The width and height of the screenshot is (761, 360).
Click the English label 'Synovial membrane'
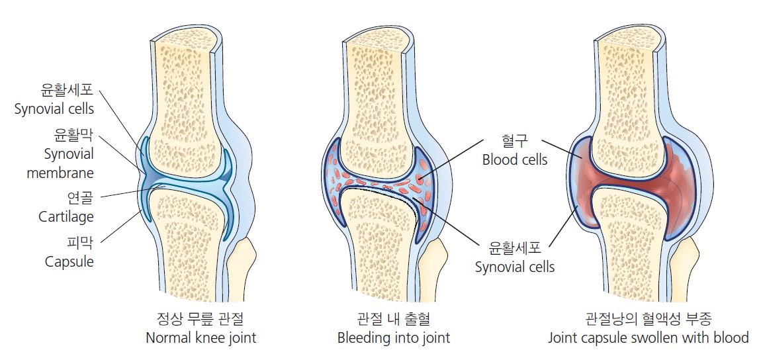pos(60,163)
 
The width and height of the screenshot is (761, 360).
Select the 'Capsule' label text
pos(69,261)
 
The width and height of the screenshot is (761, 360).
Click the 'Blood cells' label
pos(515,159)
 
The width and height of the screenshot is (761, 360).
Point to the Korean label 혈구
pos(514,140)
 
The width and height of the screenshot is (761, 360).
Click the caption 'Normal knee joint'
pos(201,338)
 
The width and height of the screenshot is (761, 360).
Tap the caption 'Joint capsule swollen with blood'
pos(649,338)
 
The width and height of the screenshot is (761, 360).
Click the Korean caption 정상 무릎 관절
pos(201,319)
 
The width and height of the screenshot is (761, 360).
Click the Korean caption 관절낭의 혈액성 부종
pos(649,319)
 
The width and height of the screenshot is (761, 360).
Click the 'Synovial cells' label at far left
pos(54,109)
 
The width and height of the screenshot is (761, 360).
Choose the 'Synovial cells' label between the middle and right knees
pos(515,267)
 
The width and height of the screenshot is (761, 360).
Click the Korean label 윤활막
pos(74,135)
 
